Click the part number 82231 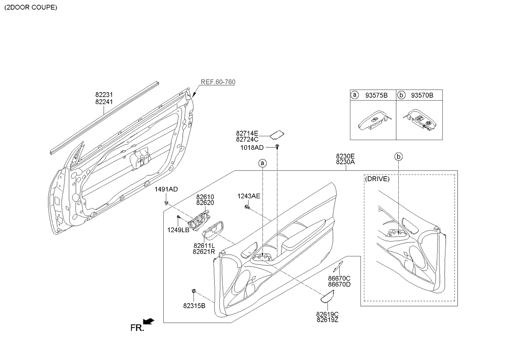104,95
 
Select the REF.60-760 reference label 218,82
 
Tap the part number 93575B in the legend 376,96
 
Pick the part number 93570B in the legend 422,96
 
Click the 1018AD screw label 252,147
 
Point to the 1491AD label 166,189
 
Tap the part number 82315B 194,306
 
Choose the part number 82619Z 327,320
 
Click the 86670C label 339,278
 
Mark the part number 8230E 345,156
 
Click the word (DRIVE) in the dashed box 377,179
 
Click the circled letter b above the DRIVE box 398,157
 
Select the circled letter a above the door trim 263,163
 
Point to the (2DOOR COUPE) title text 31,7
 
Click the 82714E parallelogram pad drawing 277,134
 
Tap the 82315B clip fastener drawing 194,291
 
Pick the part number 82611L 204,246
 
